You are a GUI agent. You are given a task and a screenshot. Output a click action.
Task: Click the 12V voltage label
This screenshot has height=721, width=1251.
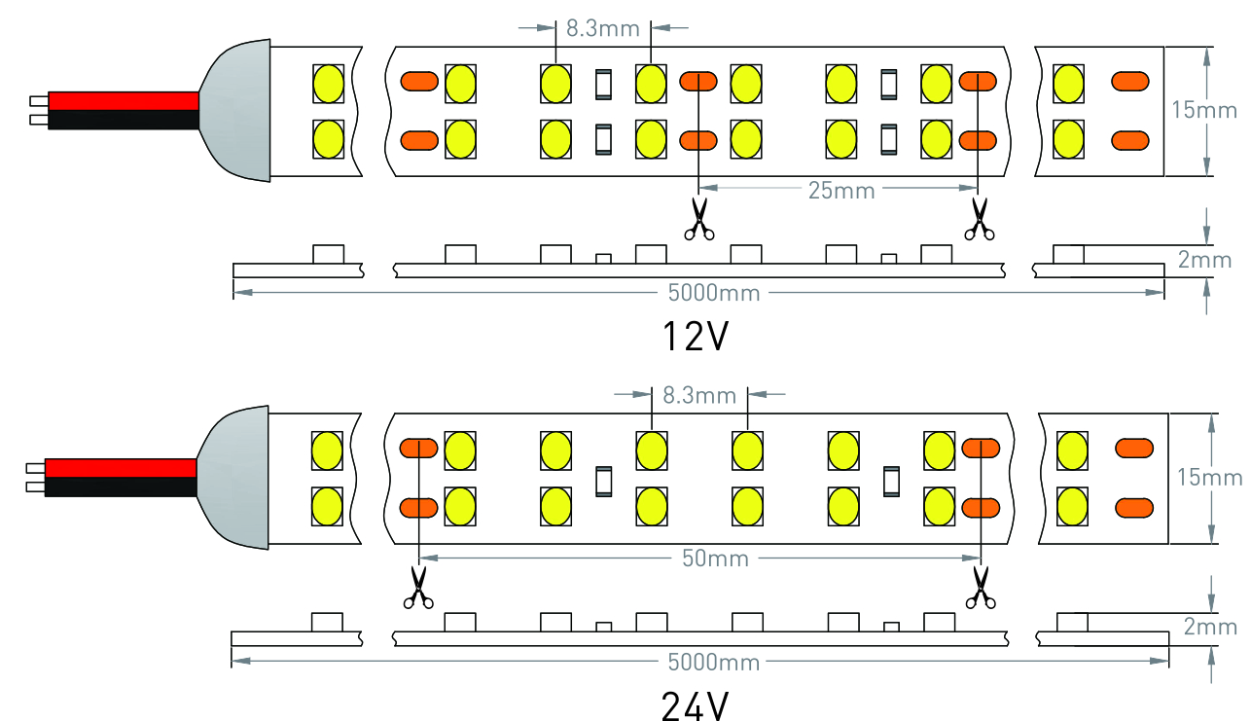click(695, 337)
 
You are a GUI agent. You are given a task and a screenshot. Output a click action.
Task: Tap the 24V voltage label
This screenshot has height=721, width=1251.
click(695, 704)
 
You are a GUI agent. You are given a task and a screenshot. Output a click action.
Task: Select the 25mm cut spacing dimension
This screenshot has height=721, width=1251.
click(841, 191)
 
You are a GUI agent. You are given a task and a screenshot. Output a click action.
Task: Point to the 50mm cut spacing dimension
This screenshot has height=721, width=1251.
click(715, 559)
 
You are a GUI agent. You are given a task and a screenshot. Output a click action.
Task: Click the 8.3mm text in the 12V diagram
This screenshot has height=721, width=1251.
click(602, 27)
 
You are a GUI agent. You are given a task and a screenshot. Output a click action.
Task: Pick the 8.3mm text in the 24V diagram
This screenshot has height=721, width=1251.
click(698, 395)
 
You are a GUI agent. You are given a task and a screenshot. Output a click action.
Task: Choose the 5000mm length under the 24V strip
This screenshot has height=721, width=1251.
click(714, 663)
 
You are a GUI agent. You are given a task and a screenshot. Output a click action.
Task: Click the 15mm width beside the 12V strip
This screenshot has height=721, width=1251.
click(1210, 110)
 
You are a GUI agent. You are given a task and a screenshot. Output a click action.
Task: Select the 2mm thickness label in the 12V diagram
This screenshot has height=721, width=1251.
click(1205, 260)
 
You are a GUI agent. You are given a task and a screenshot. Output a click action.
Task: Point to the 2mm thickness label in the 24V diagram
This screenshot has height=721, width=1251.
click(1211, 628)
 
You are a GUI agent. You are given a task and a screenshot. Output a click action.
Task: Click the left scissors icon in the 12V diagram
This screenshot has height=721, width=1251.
click(697, 219)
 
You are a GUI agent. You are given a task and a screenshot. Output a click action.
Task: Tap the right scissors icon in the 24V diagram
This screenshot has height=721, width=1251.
click(980, 589)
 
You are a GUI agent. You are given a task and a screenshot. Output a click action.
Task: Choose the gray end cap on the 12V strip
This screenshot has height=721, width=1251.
click(237, 110)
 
